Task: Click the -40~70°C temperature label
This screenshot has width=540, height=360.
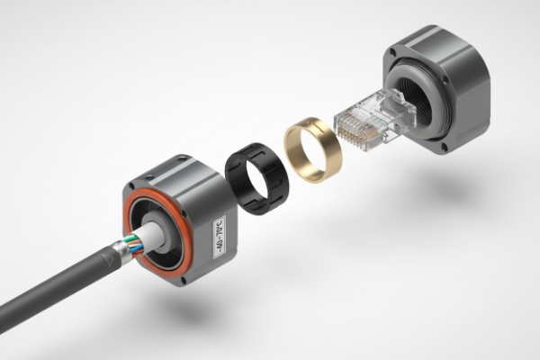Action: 220,231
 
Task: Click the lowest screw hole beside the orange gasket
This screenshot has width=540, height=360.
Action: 184,279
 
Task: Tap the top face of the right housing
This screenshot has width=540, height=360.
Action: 441,49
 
